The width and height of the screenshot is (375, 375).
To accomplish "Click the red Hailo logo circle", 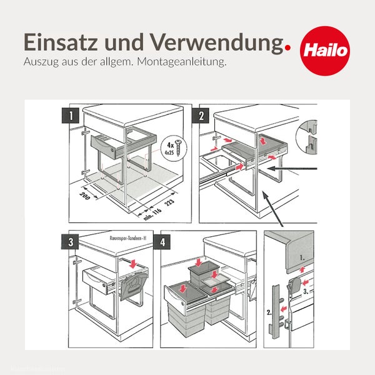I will coord(324,49).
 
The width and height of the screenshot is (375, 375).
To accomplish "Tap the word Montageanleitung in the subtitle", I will coord(190,62).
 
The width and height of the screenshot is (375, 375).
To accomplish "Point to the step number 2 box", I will coord(202,115).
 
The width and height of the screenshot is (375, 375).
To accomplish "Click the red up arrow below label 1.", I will coord(304,269).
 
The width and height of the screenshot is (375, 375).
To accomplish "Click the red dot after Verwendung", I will coord(287,46).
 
